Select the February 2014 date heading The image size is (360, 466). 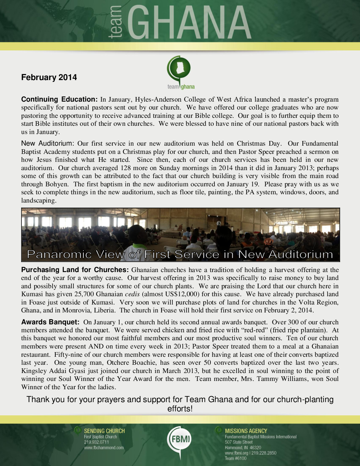pos(49,77)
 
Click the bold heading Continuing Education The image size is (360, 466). pos(59,99)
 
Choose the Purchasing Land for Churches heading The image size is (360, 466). pos(75,270)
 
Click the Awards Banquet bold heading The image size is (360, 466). pos(50,322)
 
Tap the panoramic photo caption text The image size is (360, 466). pos(180,254)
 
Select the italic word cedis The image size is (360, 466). pos(132,294)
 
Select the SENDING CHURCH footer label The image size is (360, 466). pos(104,431)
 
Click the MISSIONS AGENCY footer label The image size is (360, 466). pos(246,431)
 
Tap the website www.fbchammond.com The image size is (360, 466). pos(104,448)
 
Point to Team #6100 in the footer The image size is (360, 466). pos(236,458)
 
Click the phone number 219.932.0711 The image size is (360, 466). pos(96,442)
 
